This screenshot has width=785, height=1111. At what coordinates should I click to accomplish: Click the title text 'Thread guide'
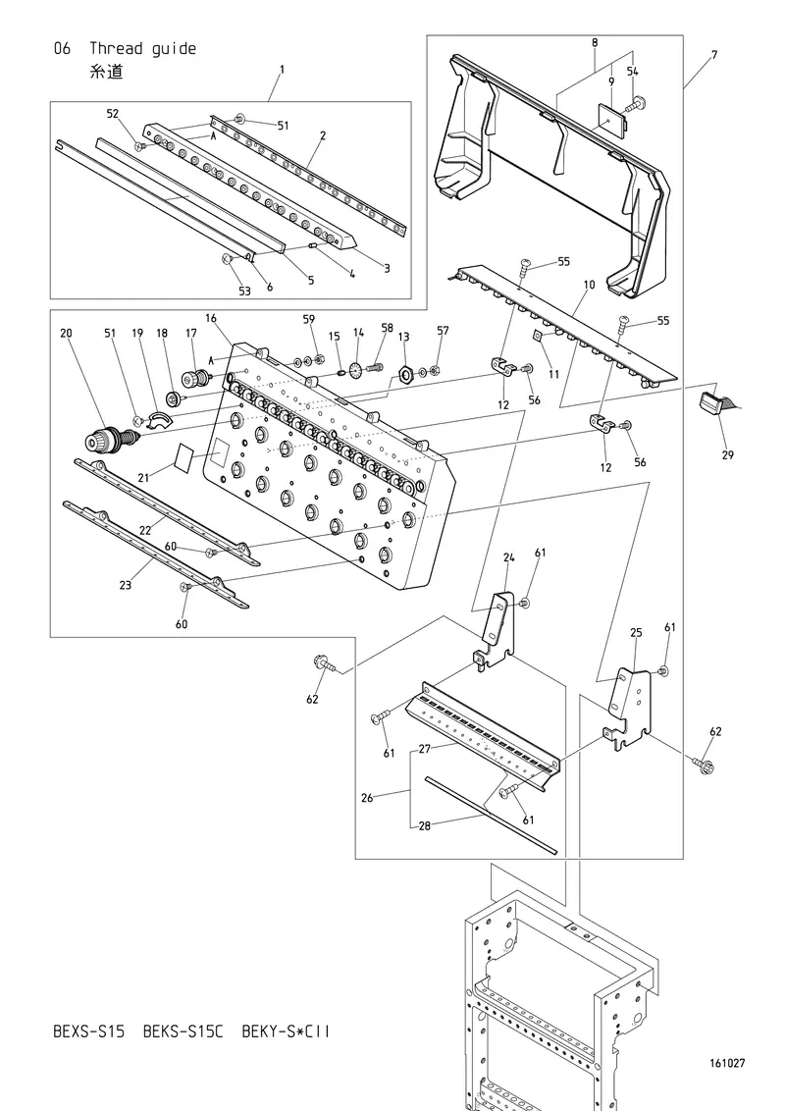coord(142,49)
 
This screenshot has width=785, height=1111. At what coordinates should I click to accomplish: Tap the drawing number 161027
coord(727,1063)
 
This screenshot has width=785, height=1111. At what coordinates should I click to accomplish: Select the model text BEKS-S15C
coord(183,1032)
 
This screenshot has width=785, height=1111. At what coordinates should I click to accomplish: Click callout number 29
coord(728,454)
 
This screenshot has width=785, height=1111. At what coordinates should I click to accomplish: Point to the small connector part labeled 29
coord(712,401)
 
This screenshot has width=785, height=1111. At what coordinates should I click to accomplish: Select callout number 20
coord(66,333)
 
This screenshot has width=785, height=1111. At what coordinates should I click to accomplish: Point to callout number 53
coord(244,291)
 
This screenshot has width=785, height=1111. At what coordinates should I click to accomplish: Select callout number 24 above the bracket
coord(508,557)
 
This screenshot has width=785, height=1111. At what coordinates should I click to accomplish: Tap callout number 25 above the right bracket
coord(636,632)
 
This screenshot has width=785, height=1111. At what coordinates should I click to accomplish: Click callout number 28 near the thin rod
coord(424,825)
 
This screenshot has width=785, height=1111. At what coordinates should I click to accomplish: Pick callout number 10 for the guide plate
coord(590,285)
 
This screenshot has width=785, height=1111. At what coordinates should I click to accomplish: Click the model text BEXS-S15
coord(88,1032)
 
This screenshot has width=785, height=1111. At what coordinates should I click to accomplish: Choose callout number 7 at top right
coord(714,55)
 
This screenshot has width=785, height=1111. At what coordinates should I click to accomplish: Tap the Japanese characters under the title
coord(106,73)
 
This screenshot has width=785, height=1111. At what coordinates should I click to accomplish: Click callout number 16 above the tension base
coord(211,318)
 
